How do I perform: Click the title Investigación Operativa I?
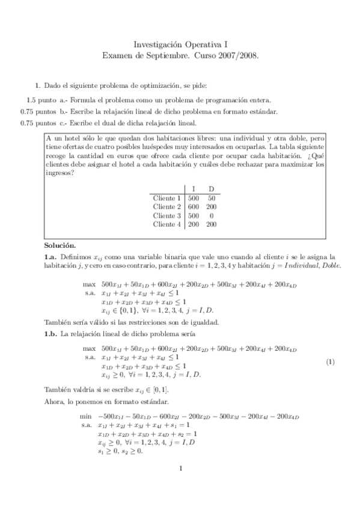(180, 44)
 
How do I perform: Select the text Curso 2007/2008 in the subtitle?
(228, 54)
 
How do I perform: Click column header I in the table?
(193, 188)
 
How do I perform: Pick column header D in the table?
(211, 188)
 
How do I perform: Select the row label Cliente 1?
(167, 198)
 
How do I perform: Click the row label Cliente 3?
(167, 215)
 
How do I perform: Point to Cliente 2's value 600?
(194, 207)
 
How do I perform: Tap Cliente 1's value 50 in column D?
(212, 198)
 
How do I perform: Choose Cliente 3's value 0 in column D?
(212, 215)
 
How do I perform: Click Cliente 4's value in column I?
(194, 224)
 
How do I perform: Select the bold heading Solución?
(60, 245)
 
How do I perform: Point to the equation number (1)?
(330, 361)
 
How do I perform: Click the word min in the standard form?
(86, 416)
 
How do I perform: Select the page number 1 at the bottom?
(180, 469)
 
